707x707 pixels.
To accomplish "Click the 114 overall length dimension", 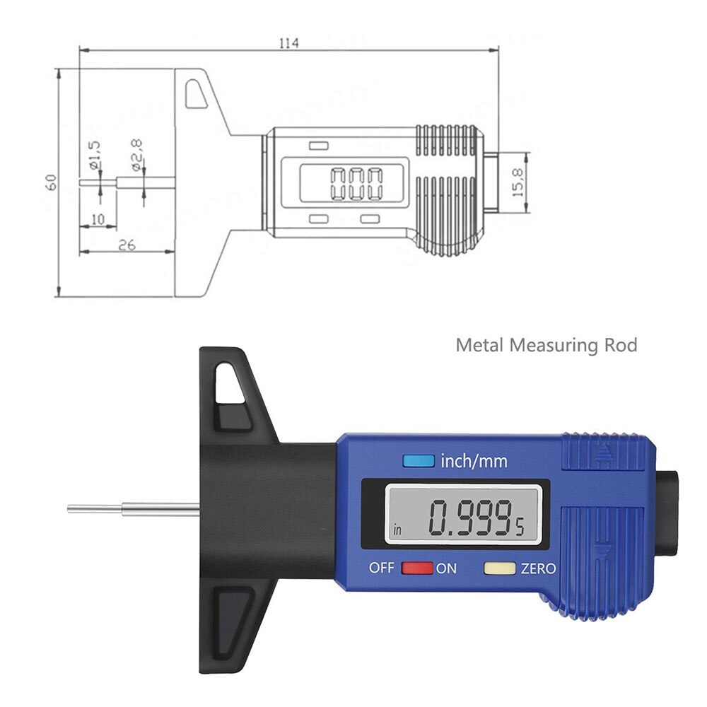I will coord(288,43).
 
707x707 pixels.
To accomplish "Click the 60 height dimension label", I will coord(50,182).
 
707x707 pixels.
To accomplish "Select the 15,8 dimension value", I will coord(518,182).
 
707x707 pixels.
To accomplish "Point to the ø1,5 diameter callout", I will coord(96,154).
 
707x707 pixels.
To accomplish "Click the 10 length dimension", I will coord(98,219).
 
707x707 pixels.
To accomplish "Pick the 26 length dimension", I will coord(127,245).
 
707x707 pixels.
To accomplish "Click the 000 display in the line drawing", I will coord(356,184).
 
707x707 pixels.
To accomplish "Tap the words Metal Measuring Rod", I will coord(546,345).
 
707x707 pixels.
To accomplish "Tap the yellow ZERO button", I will coord(499,568).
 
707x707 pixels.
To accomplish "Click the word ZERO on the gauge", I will coord(538,568).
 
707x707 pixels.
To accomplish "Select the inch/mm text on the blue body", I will coord(474,462).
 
